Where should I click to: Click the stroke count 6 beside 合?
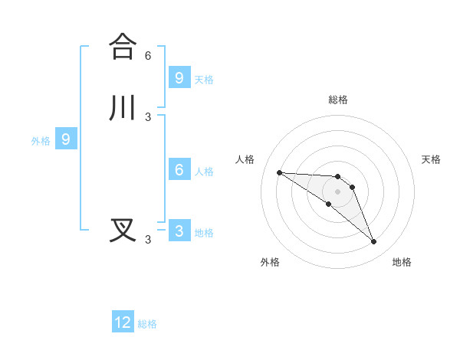pyautogui.click(x=148, y=55)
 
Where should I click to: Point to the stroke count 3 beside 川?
pyautogui.click(x=148, y=116)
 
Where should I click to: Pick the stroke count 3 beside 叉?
pyautogui.click(x=148, y=240)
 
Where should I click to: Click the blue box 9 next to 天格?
pyautogui.click(x=179, y=77)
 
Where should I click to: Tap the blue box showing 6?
pyautogui.click(x=179, y=170)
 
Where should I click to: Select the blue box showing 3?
pyautogui.click(x=179, y=231)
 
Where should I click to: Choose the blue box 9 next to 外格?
pyautogui.click(x=66, y=139)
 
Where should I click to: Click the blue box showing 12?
pyautogui.click(x=123, y=322)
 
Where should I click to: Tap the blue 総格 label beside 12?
pyautogui.click(x=147, y=324)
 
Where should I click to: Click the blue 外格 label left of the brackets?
pyautogui.click(x=41, y=141)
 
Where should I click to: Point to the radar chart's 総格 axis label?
pyautogui.click(x=338, y=100)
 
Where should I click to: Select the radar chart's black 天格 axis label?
pyautogui.click(x=431, y=159)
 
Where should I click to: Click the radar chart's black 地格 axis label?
pyautogui.click(x=402, y=262)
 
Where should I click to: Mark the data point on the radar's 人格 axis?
pyautogui.click(x=279, y=172)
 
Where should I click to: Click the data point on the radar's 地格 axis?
pyautogui.click(x=374, y=242)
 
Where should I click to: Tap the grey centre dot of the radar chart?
pyautogui.click(x=337, y=191)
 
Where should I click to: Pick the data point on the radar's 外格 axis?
pyautogui.click(x=328, y=204)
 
